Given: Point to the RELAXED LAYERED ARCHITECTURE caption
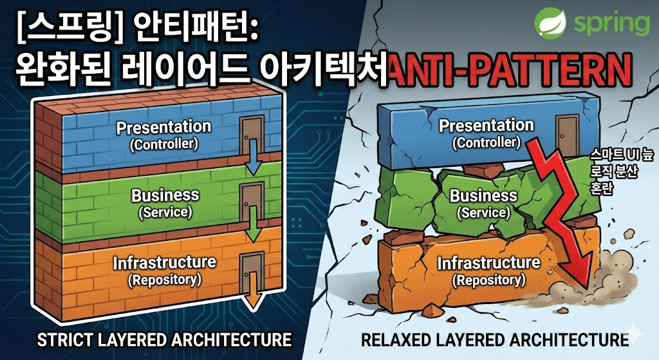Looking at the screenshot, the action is tap(495, 339).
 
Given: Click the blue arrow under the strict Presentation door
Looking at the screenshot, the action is tap(254, 165).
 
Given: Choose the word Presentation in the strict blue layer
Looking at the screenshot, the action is tap(163, 127).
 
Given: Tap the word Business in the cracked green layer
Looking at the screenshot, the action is tap(483, 195).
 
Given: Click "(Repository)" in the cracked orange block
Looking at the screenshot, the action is tap(488, 280).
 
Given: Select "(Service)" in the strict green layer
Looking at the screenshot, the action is tap(165, 211).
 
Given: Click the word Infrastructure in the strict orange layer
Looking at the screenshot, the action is tap(164, 263).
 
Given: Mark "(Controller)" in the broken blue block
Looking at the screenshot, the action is tap(486, 142).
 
